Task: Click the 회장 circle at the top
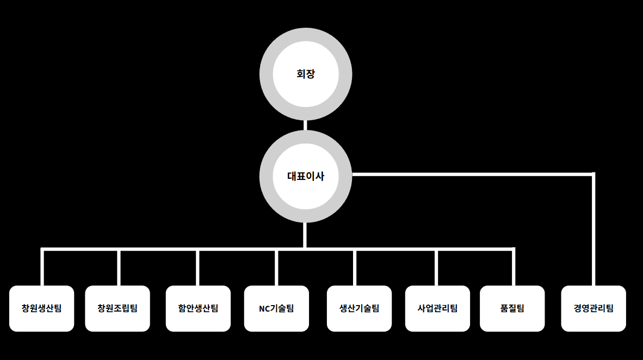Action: click(305, 74)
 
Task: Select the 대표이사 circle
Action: click(305, 176)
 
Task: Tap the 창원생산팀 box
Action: click(42, 308)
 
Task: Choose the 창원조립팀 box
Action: click(118, 308)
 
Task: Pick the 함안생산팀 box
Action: click(198, 308)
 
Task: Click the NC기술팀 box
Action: click(276, 308)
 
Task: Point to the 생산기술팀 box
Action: click(359, 308)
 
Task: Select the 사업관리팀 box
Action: click(437, 308)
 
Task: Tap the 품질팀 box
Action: click(512, 308)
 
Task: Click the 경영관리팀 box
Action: click(593, 308)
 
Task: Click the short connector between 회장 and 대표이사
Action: click(305, 125)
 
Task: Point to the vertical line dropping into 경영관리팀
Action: click(593, 228)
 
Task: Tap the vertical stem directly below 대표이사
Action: click(305, 235)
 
